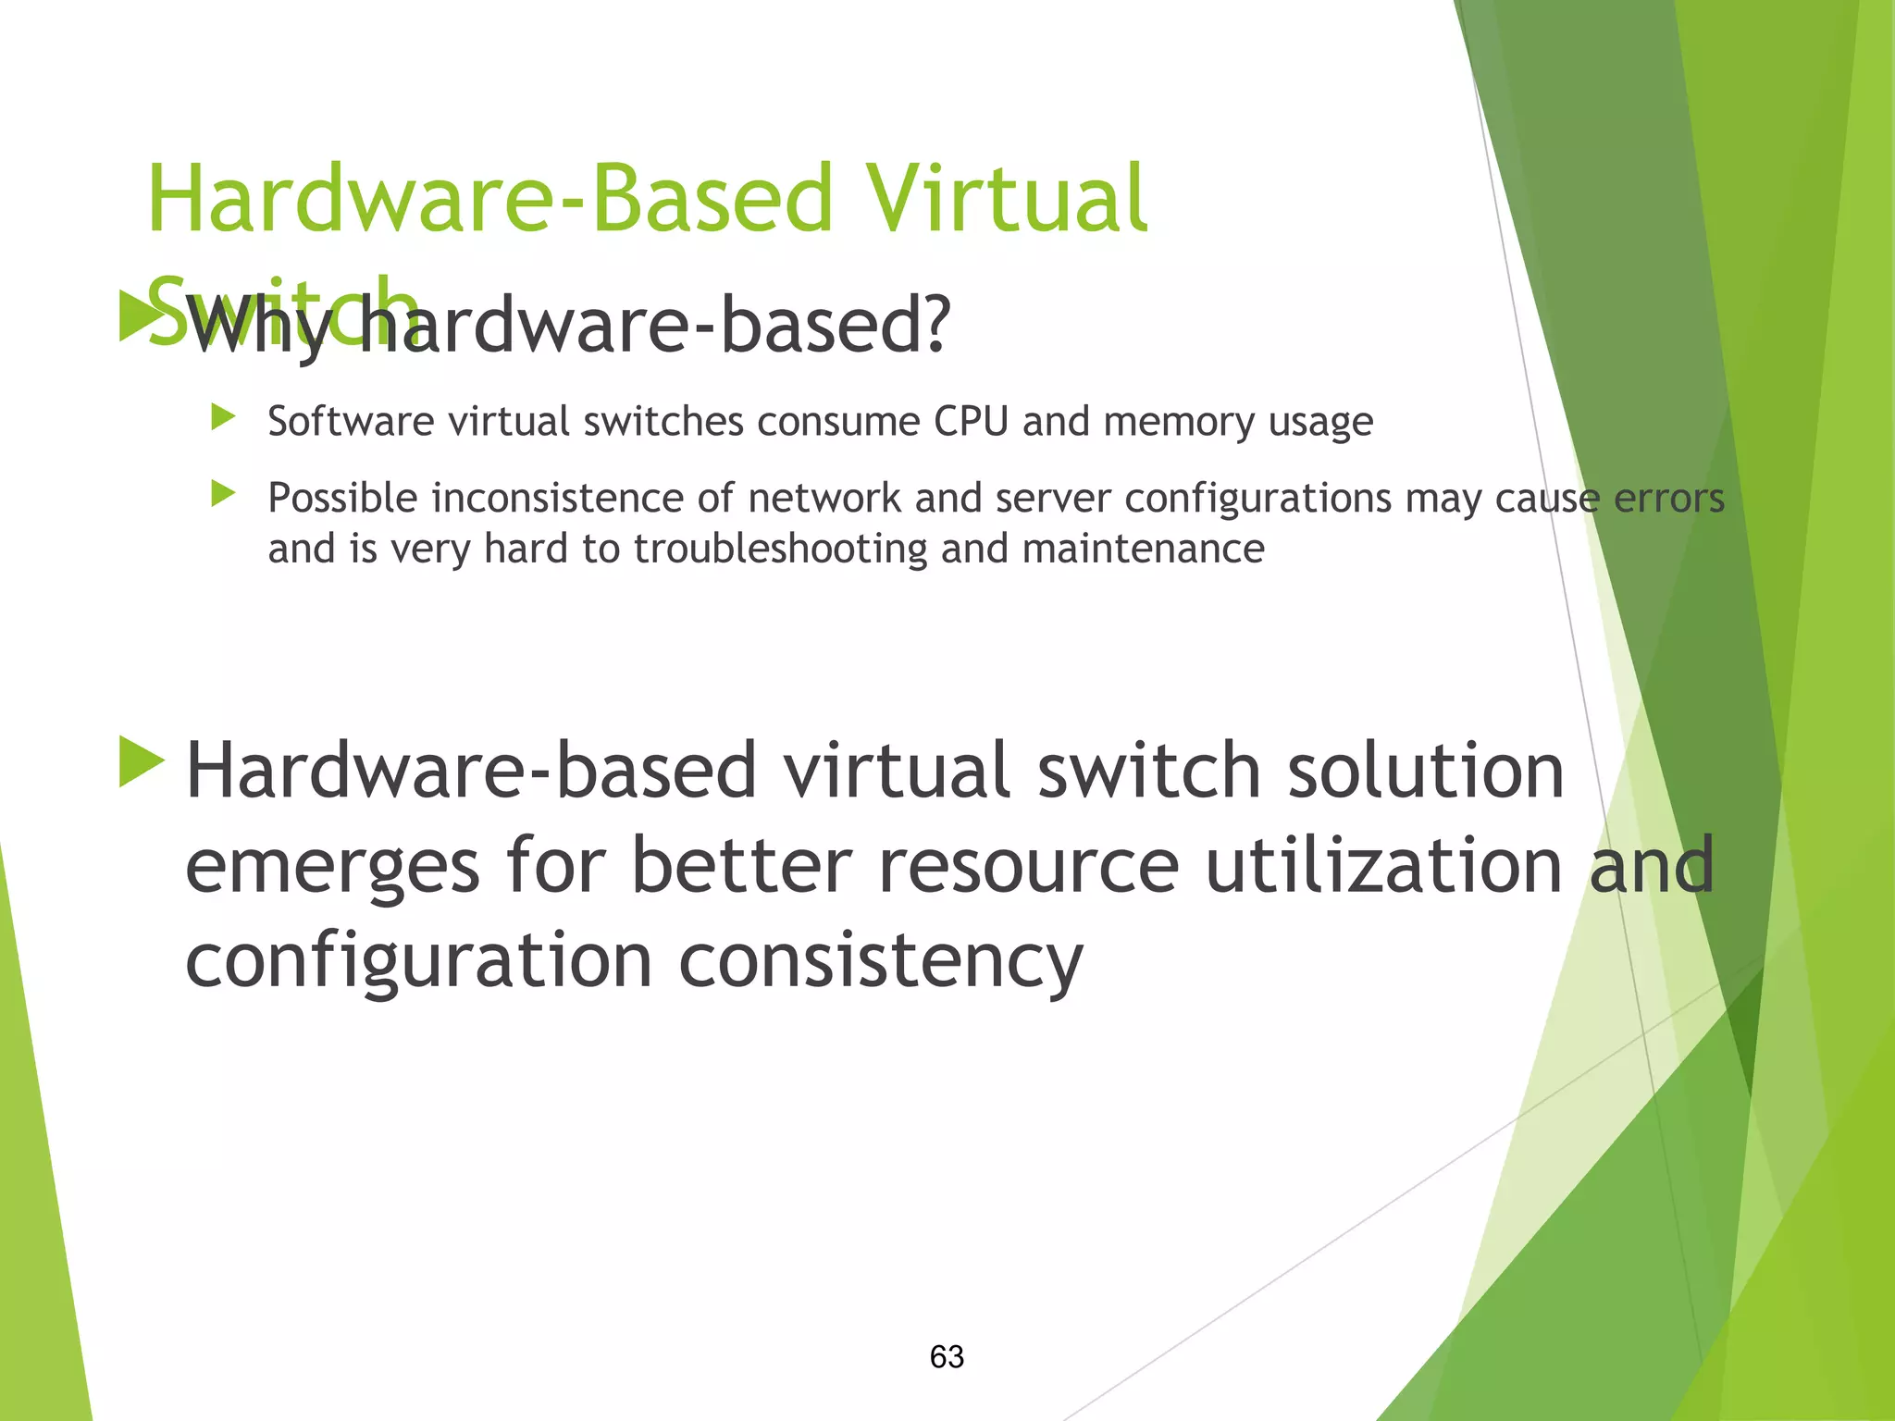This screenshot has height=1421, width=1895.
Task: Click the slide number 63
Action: point(947,1356)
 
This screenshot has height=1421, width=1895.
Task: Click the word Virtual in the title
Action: point(1006,199)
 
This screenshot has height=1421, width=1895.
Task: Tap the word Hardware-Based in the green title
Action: point(490,199)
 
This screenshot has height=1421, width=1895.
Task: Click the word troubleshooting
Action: point(780,550)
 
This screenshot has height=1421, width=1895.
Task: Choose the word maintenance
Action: point(1144,550)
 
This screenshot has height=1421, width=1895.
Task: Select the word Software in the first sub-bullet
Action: point(351,422)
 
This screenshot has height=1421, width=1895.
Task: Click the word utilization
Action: point(1384,865)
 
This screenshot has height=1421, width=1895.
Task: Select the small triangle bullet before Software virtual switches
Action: point(223,417)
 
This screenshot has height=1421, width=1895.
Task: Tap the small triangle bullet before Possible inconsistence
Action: point(223,494)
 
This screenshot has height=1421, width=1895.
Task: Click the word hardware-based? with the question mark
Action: point(653,326)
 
